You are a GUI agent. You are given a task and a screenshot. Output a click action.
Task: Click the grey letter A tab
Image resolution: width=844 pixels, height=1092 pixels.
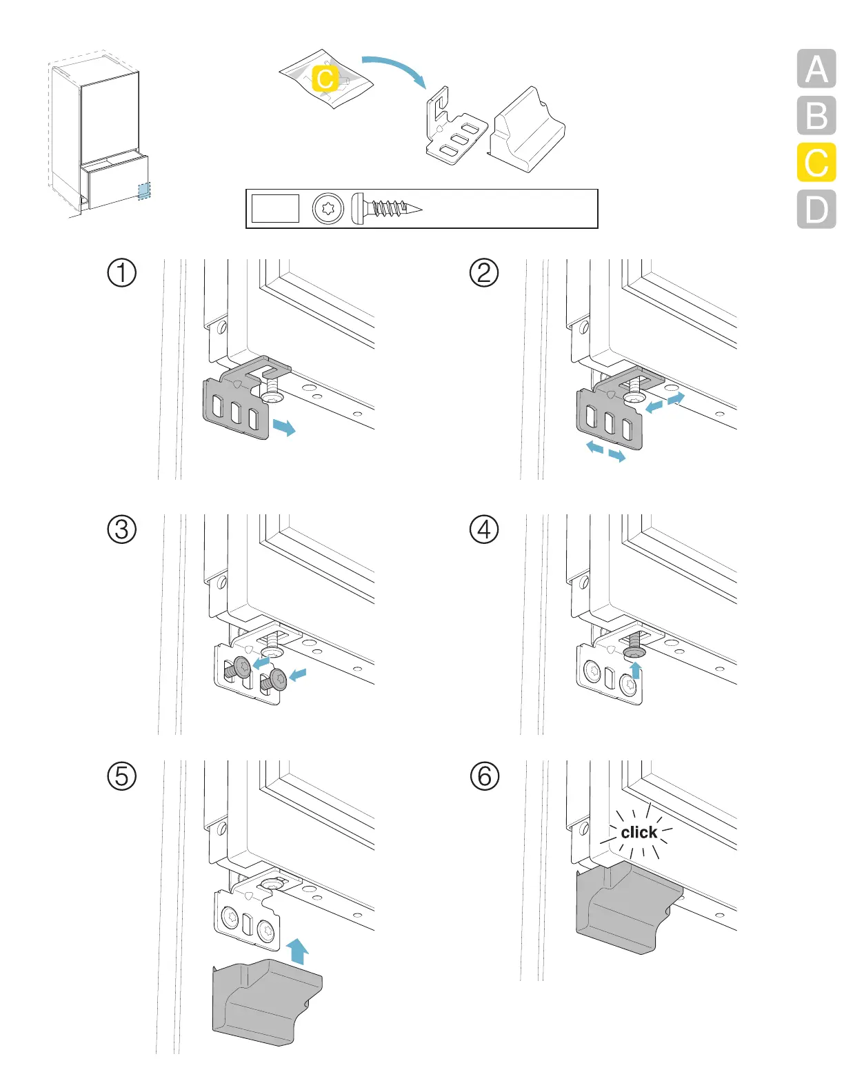816,69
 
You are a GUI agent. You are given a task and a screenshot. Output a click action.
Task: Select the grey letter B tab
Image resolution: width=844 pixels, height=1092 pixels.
816,116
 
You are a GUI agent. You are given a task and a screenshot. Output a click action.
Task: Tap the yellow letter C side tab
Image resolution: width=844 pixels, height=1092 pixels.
816,163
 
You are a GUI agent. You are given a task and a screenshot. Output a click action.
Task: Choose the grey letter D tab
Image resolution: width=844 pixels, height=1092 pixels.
816,209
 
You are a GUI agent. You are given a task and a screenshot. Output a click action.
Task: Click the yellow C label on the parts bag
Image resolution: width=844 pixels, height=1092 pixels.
325,78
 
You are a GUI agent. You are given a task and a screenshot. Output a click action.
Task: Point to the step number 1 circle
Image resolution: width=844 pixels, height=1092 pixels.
122,272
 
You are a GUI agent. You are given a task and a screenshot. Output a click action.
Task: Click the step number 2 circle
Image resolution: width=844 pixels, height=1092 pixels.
484,272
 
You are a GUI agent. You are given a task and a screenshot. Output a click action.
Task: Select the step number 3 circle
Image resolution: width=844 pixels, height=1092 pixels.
122,529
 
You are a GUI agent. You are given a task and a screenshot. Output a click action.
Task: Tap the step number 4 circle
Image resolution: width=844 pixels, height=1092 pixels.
484,529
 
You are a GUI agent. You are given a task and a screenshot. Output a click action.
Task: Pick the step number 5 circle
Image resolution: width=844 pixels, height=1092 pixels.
122,776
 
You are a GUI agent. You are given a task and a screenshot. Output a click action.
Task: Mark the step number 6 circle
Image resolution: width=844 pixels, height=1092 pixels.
484,776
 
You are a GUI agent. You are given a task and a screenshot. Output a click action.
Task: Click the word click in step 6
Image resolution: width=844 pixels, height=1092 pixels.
639,833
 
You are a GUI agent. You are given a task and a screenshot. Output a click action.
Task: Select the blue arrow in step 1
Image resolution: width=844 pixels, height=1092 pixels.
283,427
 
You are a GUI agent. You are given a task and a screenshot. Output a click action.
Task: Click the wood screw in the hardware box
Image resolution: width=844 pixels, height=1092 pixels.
386,208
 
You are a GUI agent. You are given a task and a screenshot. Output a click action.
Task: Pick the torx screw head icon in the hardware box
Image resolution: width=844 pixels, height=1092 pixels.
328,208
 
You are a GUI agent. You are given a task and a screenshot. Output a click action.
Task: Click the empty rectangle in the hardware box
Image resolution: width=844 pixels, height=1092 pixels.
275,208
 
